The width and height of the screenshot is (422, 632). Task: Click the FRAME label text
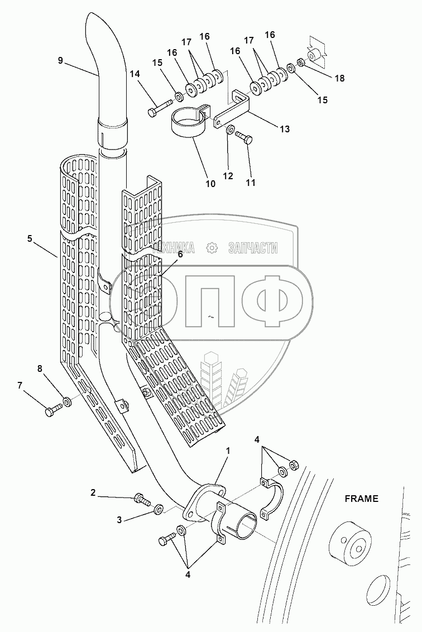pos(361,499)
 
